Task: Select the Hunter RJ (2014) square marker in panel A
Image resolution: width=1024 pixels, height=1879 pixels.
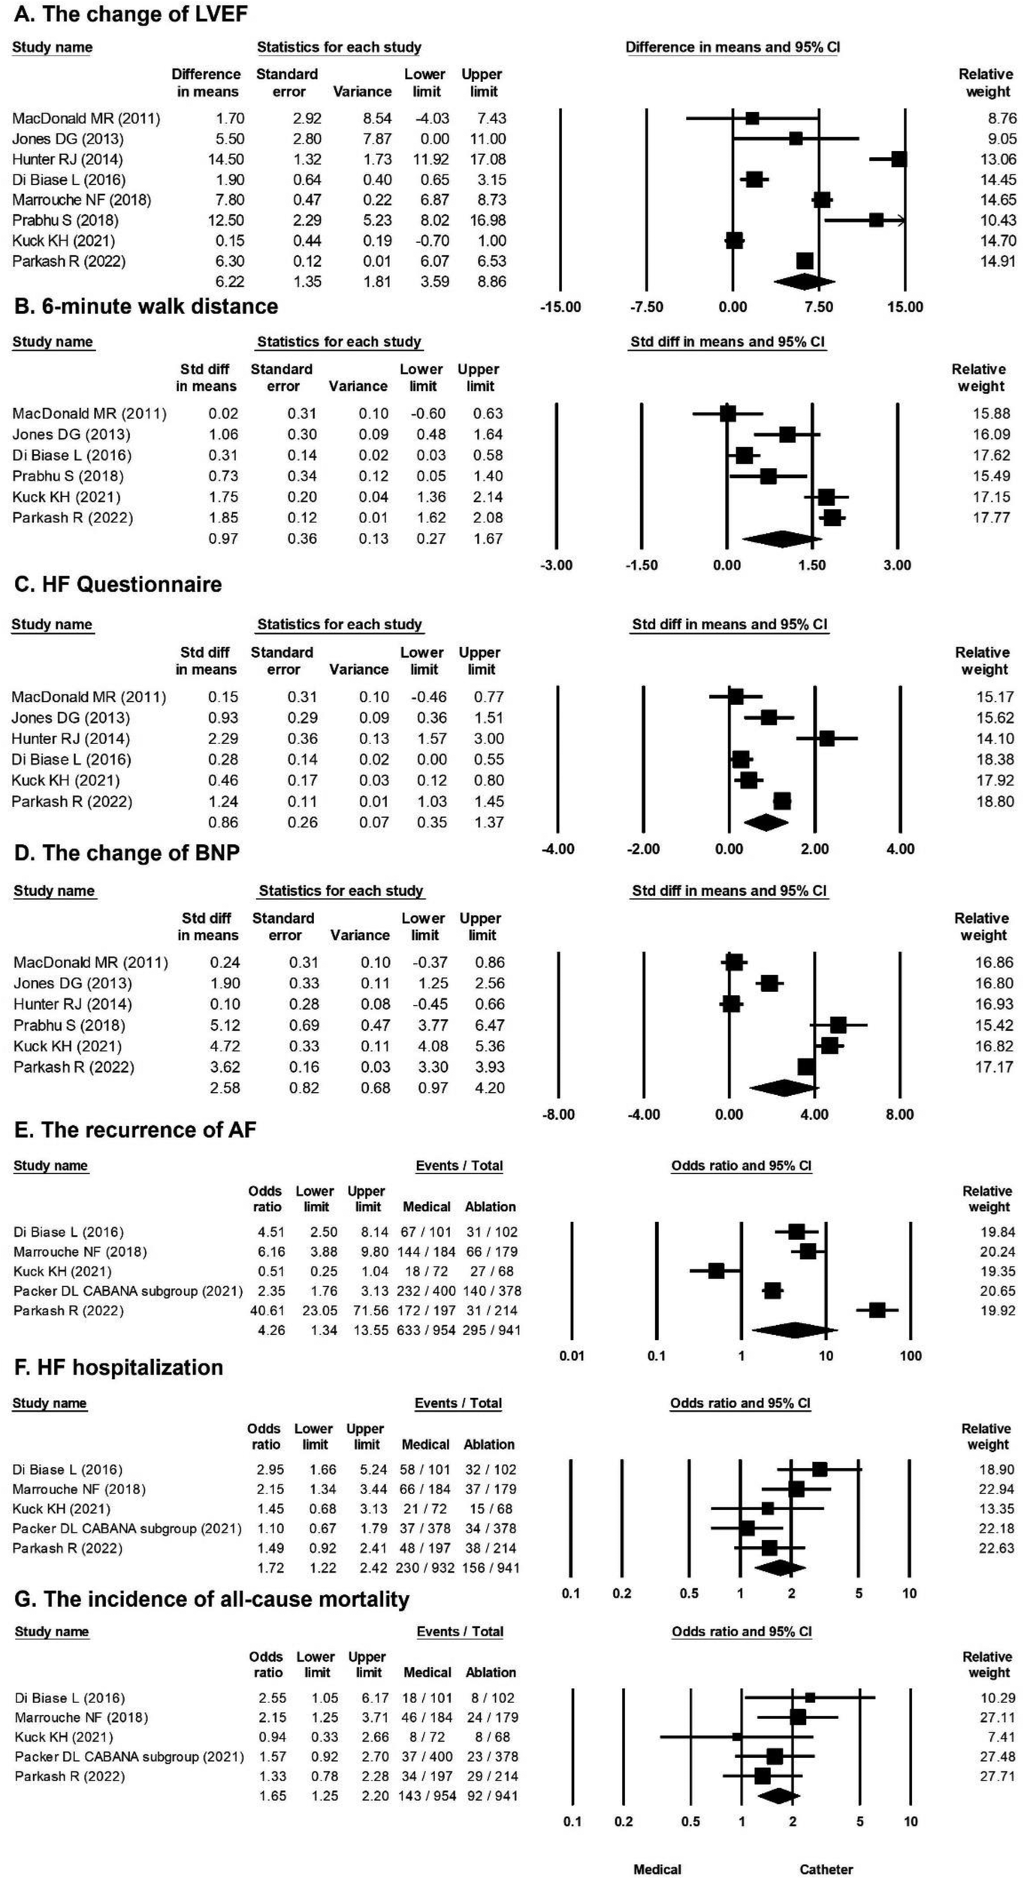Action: tap(899, 159)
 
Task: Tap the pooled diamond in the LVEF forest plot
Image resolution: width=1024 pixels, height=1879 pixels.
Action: tap(803, 282)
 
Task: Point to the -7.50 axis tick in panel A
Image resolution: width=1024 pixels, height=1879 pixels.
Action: tap(647, 307)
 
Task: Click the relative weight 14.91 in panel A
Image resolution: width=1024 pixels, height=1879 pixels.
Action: tap(998, 261)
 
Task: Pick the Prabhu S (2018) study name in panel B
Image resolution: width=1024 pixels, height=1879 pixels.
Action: tap(68, 476)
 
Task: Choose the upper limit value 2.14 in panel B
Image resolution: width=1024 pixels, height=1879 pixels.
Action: tap(488, 497)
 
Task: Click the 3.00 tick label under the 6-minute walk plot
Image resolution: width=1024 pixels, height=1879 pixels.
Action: tap(897, 565)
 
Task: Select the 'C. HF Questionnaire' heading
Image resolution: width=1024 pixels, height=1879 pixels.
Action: tap(118, 585)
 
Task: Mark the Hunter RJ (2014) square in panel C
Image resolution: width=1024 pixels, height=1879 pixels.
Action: tap(826, 739)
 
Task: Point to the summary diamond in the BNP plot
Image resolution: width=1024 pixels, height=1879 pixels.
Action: tap(784, 1088)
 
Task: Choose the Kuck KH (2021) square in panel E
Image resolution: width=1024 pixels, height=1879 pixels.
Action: tap(716, 1271)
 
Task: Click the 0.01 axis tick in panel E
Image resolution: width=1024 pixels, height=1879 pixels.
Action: tap(572, 1356)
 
